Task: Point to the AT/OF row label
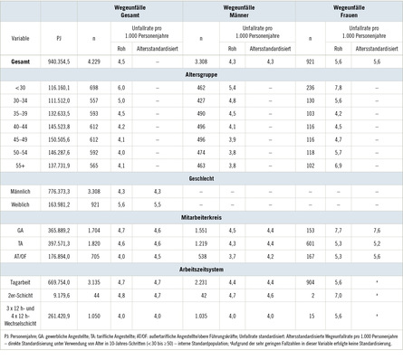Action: (20, 256)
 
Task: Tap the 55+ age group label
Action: (20, 167)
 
